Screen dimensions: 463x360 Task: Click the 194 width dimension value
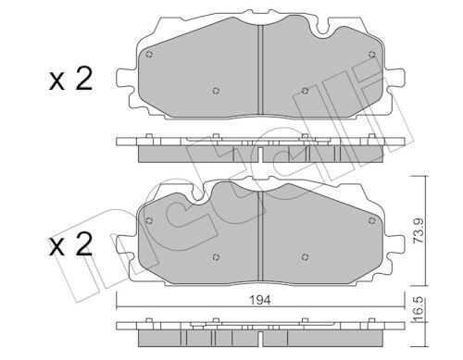[261, 300]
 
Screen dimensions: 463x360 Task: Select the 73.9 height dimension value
[419, 231]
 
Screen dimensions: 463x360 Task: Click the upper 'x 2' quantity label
[70, 80]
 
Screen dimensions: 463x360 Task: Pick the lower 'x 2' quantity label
[70, 245]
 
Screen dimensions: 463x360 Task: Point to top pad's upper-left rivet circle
[149, 55]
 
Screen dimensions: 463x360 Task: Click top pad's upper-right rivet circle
[372, 55]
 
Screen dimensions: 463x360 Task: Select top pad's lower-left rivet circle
[216, 91]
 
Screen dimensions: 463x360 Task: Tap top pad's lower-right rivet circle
[305, 91]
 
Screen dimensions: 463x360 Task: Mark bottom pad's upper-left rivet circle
[149, 220]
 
